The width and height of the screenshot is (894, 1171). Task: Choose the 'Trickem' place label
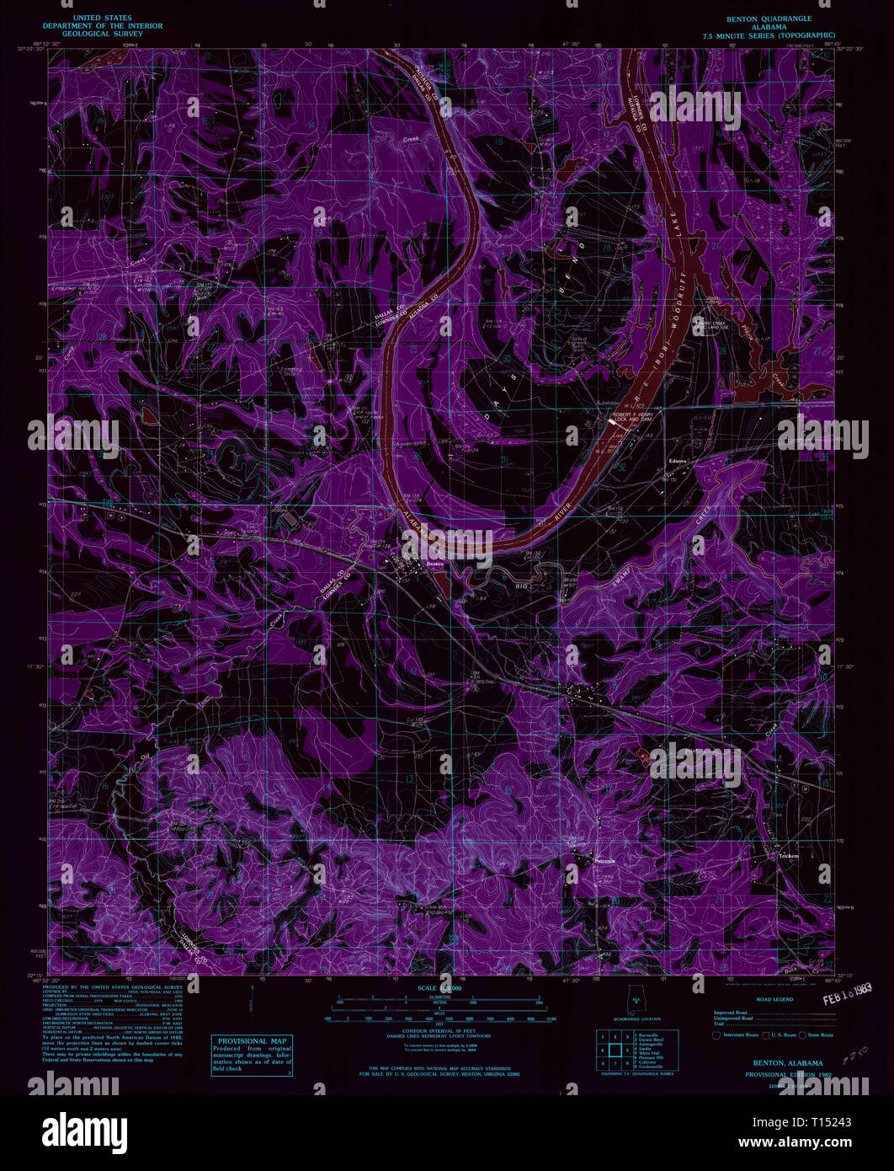[x=789, y=856]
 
